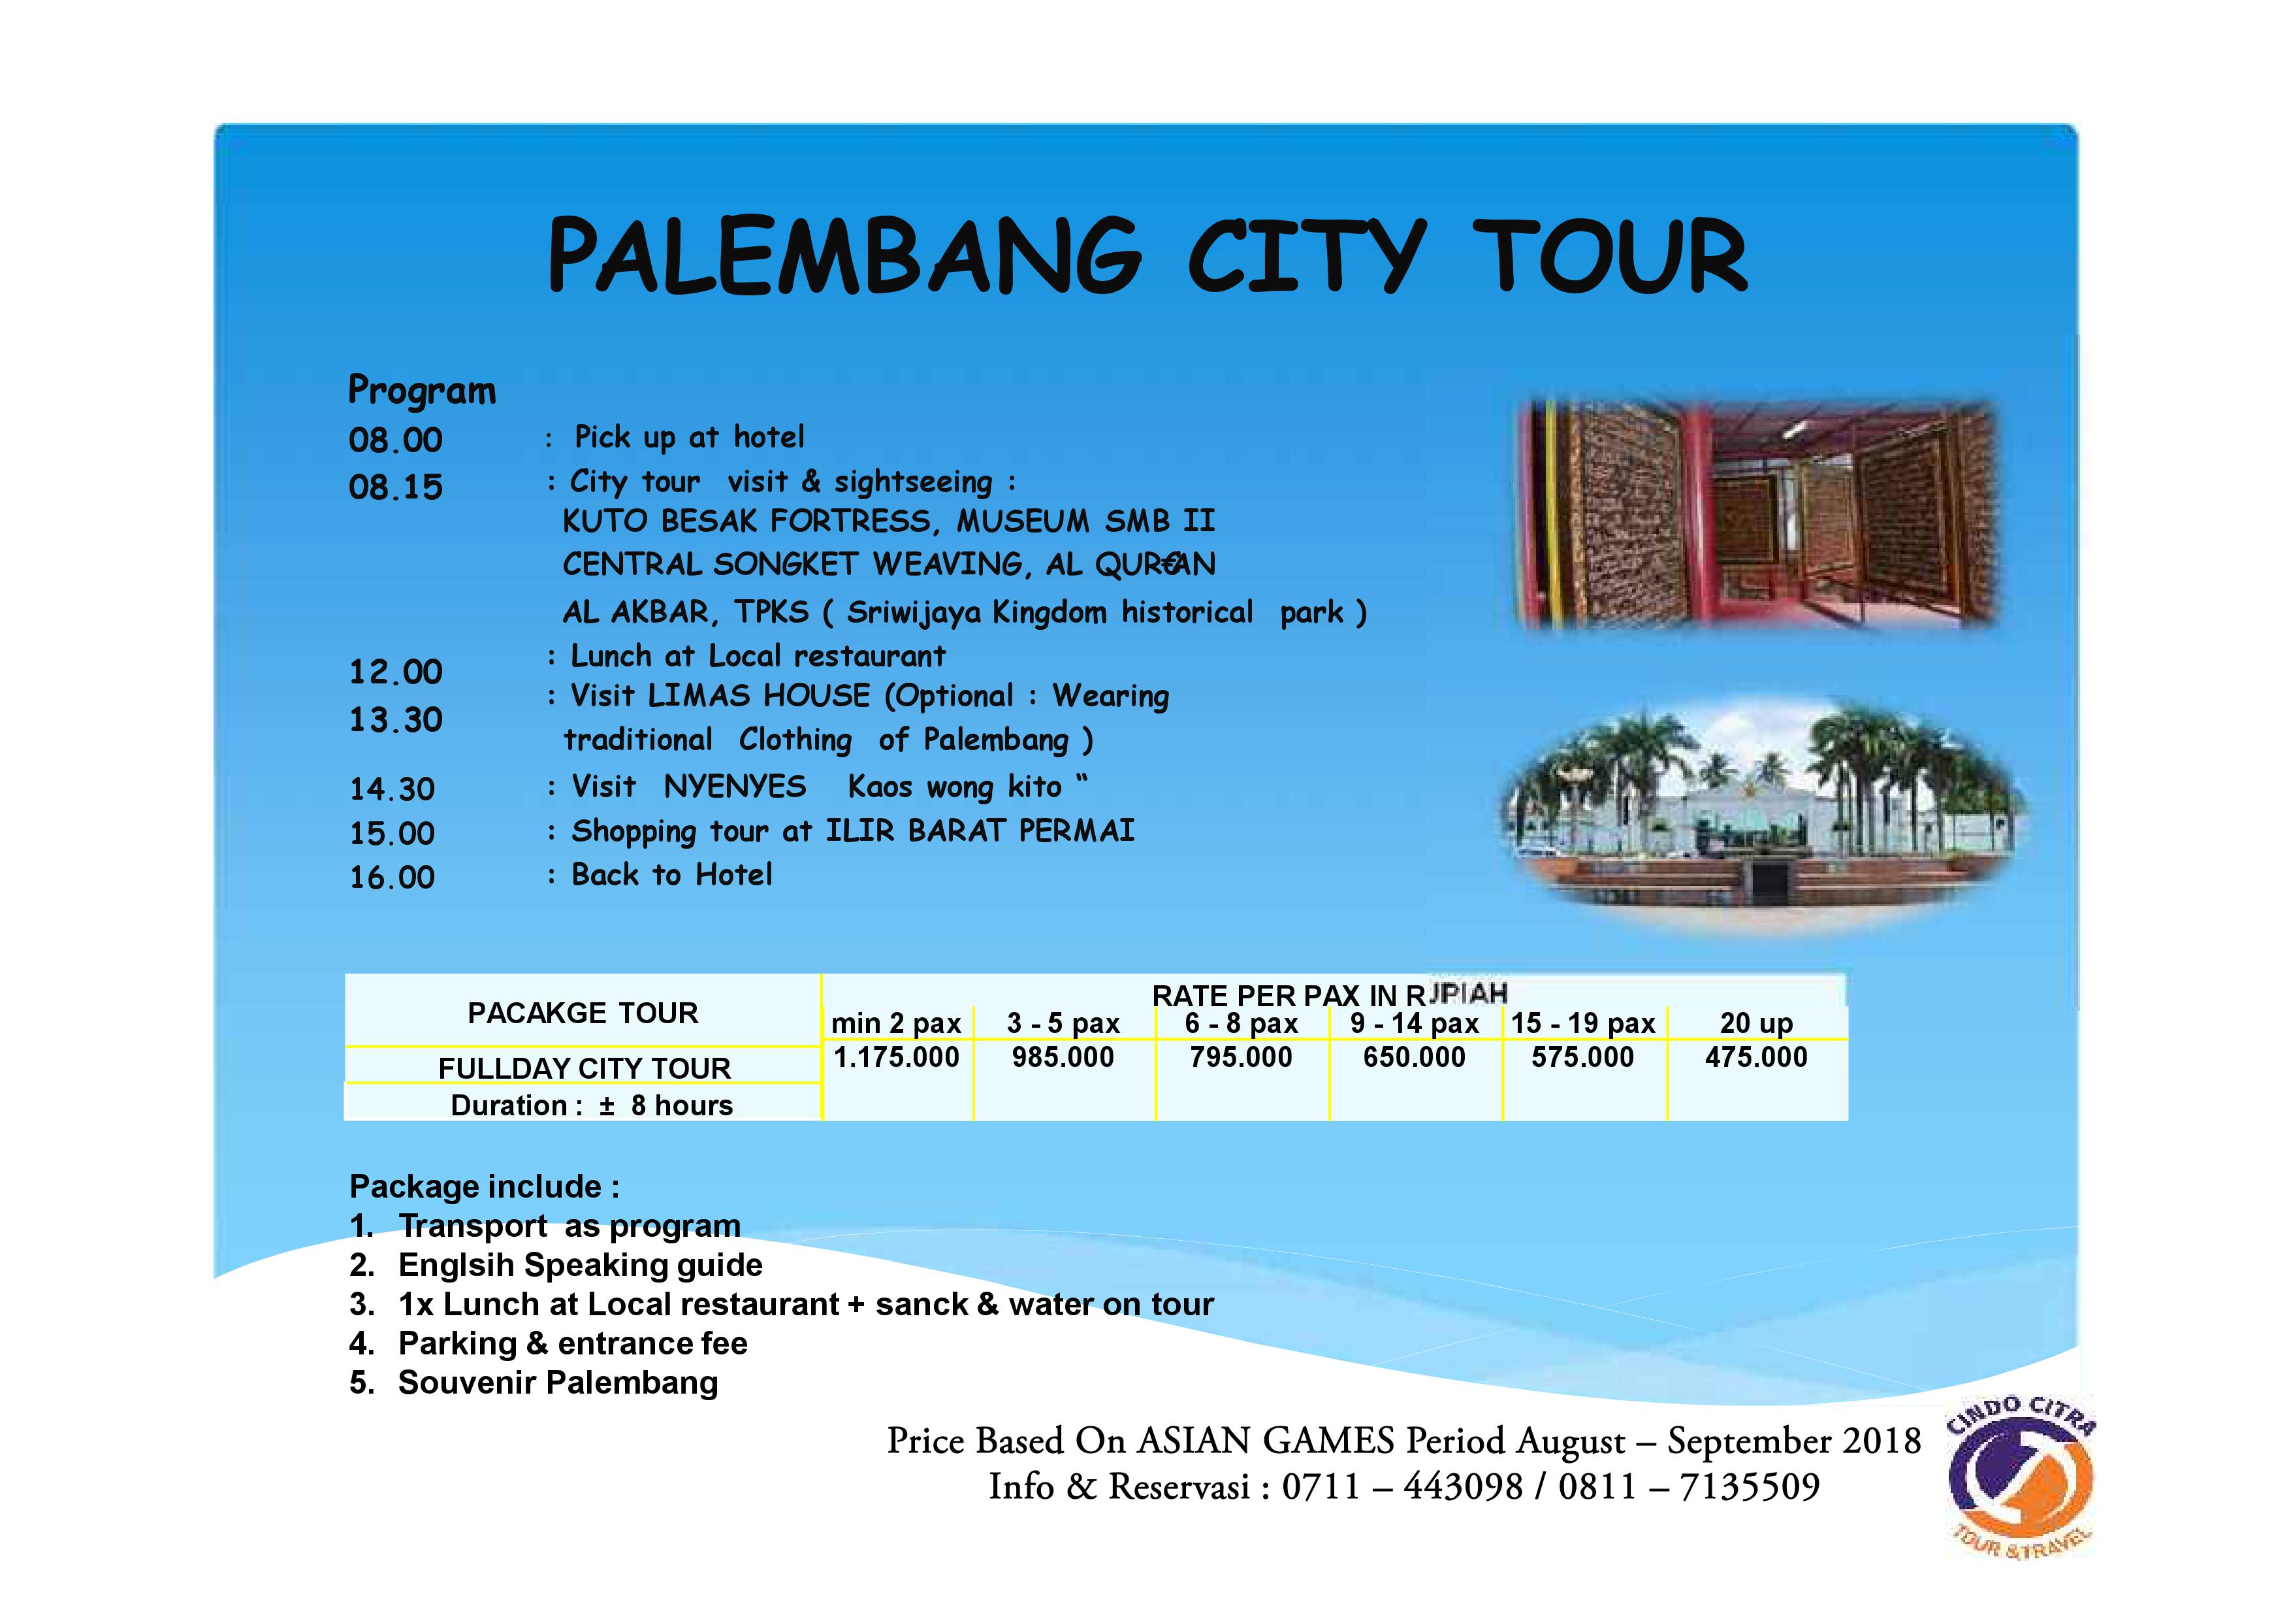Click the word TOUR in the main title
tap(1609, 257)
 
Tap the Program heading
tap(421, 390)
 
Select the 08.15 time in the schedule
tap(395, 487)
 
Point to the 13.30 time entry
tap(395, 719)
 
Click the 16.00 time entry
tap(392, 877)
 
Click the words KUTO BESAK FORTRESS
tap(746, 521)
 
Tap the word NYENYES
tap(735, 787)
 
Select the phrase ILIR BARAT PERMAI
tap(980, 830)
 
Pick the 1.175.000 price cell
tap(896, 1057)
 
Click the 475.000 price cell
tap(1755, 1057)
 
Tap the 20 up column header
tap(1755, 1023)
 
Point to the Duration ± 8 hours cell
tap(591, 1105)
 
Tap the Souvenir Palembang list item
tap(557, 1383)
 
